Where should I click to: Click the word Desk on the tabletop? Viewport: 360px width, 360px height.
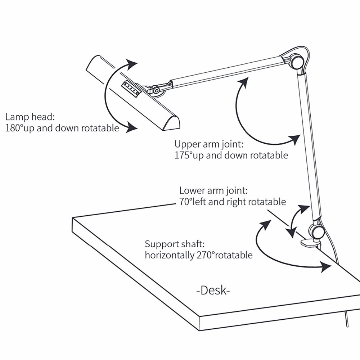click(213, 290)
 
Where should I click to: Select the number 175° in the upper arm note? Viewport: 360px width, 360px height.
click(184, 156)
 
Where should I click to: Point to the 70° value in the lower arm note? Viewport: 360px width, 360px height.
click(186, 202)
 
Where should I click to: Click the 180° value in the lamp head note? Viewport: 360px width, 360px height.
click(14, 128)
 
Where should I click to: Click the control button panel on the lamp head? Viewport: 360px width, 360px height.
click(132, 89)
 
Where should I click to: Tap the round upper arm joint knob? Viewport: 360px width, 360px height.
click(297, 62)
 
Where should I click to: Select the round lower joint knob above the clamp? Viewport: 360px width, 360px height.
click(317, 231)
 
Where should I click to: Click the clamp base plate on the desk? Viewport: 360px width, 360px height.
click(310, 243)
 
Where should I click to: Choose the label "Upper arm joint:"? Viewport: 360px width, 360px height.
click(209, 144)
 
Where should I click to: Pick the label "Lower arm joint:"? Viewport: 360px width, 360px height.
click(213, 190)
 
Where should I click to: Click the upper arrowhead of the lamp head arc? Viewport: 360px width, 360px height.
click(132, 65)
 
